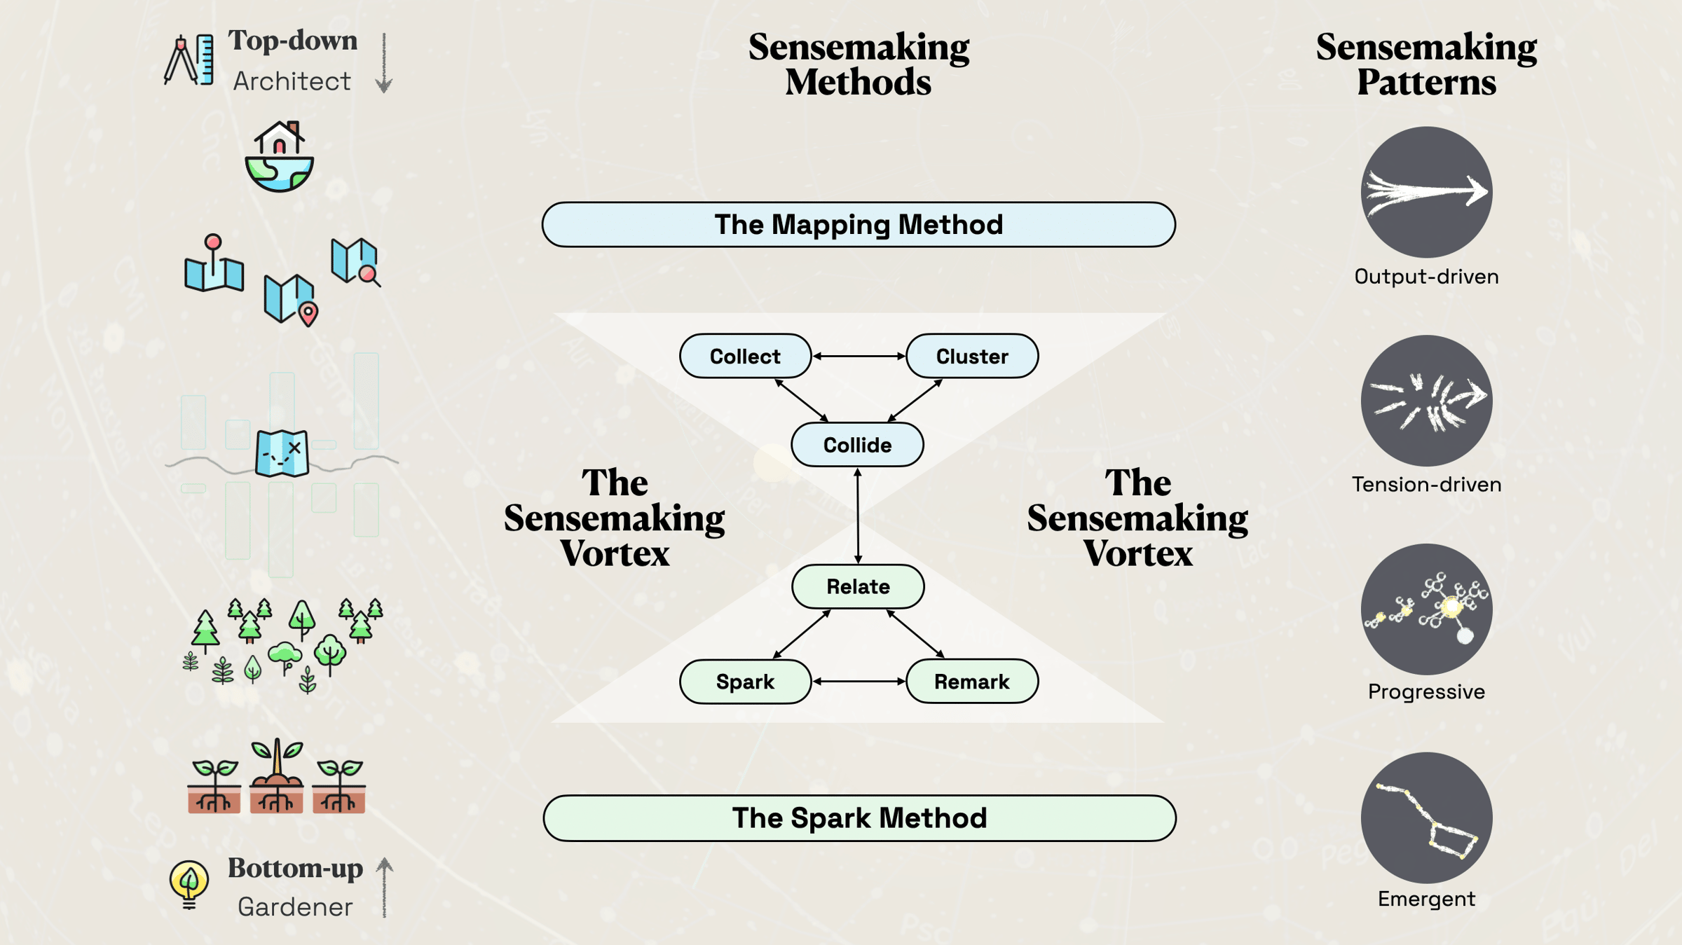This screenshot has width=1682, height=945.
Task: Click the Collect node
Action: tap(745, 356)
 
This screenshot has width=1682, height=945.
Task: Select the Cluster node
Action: tap(971, 356)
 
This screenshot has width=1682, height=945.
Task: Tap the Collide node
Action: tap(857, 445)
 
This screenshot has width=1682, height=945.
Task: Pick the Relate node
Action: tap(858, 586)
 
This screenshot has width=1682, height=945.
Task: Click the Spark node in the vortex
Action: tap(745, 681)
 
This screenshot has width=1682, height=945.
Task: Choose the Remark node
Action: tap(971, 681)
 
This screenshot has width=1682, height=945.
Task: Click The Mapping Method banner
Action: tap(858, 225)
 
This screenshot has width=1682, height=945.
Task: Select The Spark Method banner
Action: tap(859, 818)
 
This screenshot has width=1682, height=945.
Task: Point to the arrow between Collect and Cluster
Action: tap(859, 356)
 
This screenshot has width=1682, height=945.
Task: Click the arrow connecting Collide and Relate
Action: tap(858, 516)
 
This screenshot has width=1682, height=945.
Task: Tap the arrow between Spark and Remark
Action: tap(859, 681)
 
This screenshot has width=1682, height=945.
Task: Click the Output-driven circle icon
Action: tap(1426, 192)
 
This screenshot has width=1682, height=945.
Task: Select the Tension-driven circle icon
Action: tap(1426, 401)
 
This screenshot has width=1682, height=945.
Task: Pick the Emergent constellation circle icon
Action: tap(1426, 818)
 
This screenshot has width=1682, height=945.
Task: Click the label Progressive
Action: tap(1426, 692)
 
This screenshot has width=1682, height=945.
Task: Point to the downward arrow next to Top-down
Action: tap(383, 63)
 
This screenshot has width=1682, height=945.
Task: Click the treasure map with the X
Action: tap(282, 453)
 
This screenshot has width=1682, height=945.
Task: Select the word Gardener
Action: tap(295, 907)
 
